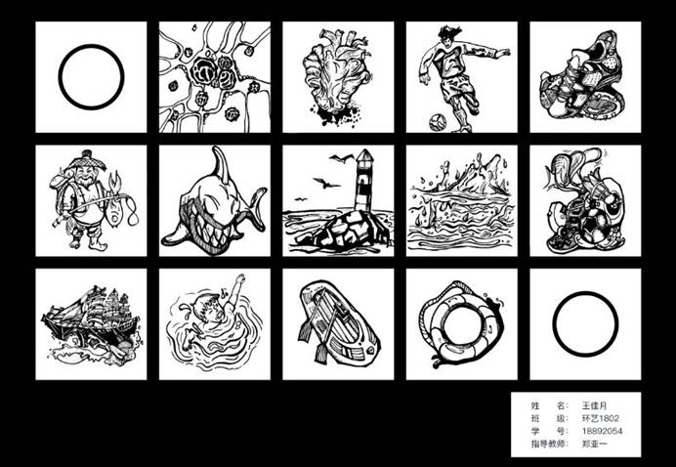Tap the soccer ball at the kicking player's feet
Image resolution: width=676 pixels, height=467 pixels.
(438, 122)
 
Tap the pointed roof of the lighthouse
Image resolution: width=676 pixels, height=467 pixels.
(364, 155)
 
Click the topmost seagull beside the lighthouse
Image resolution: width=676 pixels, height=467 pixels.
(342, 158)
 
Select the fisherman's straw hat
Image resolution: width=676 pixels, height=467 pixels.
(87, 161)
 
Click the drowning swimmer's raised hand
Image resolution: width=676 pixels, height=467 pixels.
(240, 278)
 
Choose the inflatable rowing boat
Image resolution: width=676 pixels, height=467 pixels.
(339, 322)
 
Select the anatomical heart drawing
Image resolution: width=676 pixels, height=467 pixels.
(337, 77)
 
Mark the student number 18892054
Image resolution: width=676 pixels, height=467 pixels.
(602, 431)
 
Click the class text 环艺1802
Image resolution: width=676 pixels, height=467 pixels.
(600, 418)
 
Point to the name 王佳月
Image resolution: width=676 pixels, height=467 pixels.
(594, 405)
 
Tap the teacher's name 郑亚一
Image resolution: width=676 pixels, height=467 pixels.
(594, 444)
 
